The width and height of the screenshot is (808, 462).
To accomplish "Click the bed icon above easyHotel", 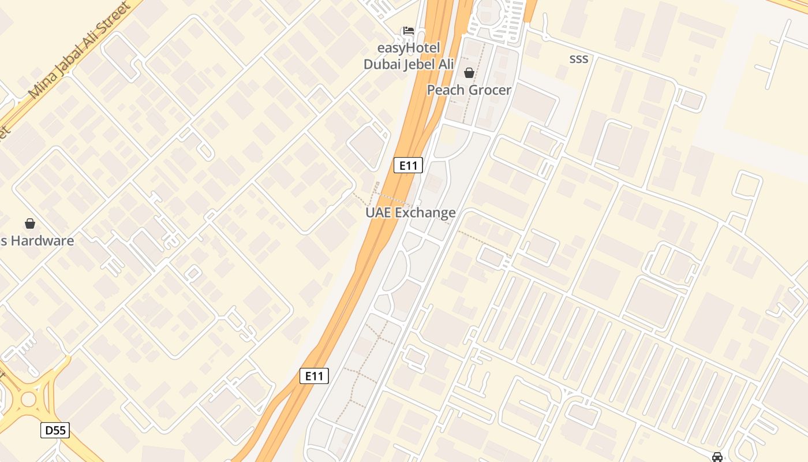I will pos(408,30).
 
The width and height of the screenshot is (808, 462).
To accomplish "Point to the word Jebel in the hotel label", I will pos(422,64).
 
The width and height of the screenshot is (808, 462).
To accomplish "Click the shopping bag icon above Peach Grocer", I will pos(469,73).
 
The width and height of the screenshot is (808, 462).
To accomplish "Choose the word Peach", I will pos(445,90).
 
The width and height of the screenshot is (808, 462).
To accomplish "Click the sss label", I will pos(578,58).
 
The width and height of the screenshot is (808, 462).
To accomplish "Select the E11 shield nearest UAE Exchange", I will pos(408,166).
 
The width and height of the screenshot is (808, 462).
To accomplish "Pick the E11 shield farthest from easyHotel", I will pos(315,376).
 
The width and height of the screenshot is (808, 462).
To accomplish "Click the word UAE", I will pos(378,213).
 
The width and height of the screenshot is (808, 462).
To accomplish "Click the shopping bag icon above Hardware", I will pos(30,223).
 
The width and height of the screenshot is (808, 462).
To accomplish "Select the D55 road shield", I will pos(55,430).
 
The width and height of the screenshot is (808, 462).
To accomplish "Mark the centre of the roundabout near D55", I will pos(28,399).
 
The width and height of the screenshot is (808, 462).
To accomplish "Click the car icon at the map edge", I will pos(717,457).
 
